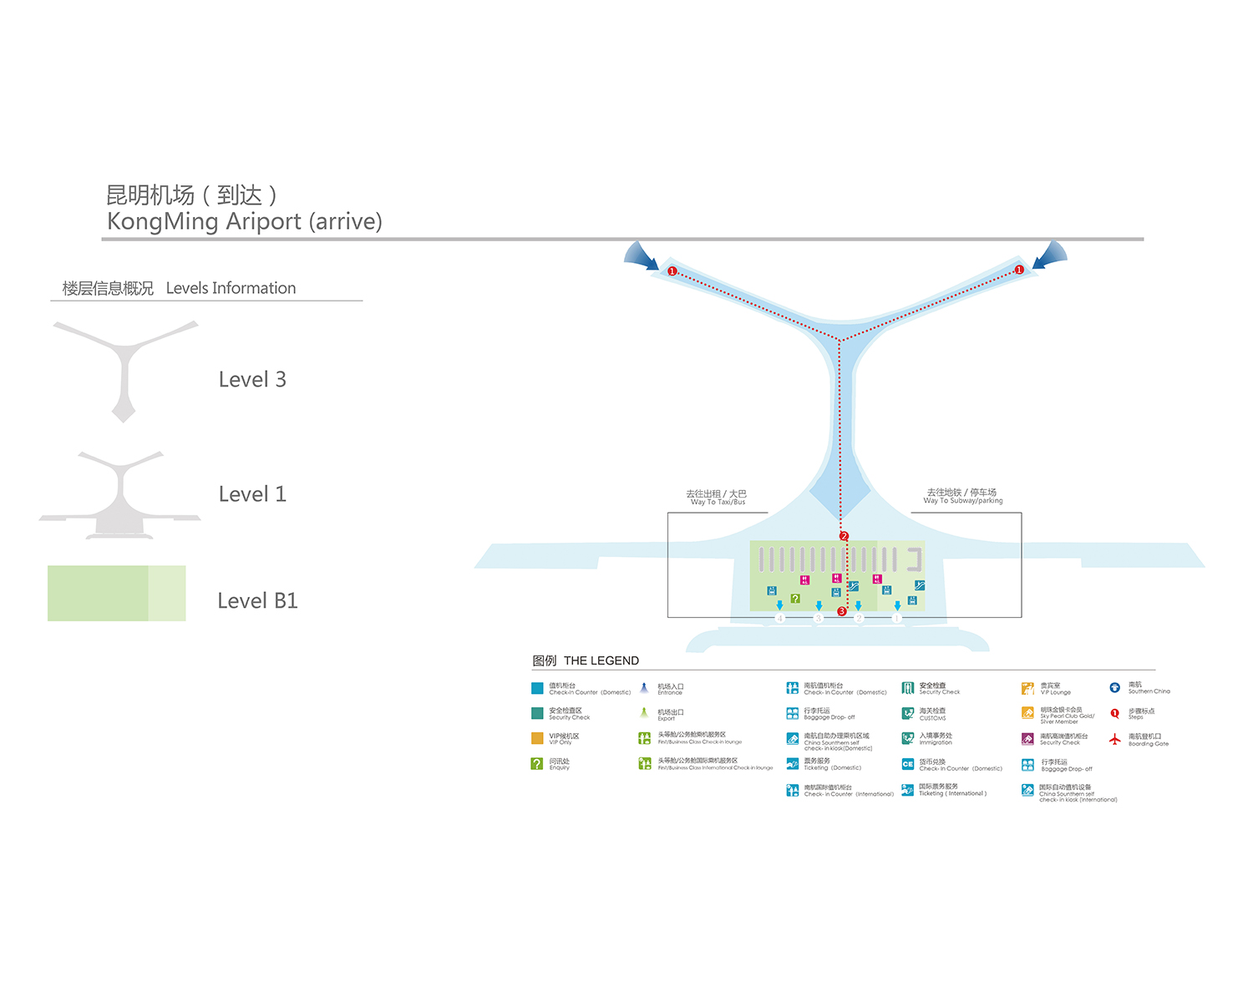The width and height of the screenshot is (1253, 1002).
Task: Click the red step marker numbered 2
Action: point(845,536)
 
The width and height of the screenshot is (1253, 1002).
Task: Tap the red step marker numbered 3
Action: point(842,611)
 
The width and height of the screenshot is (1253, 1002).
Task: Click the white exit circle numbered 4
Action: point(779,619)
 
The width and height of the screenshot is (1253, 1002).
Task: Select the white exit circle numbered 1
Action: point(896,619)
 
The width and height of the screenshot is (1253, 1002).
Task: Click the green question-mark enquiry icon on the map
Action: point(795,599)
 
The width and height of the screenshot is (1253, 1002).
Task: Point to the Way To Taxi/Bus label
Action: point(717,498)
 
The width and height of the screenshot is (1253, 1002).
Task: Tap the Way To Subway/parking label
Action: point(962,496)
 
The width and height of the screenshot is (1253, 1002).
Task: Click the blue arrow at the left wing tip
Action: point(642,256)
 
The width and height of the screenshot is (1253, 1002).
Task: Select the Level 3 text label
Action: point(252,380)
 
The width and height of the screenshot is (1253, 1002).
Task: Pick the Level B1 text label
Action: point(257,601)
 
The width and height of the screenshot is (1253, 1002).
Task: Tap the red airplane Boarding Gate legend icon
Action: point(1114,739)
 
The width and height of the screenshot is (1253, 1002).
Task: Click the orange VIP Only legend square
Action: point(537,738)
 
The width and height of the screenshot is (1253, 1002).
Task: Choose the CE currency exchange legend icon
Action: point(907,764)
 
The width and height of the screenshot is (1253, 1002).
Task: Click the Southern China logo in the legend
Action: point(1114,688)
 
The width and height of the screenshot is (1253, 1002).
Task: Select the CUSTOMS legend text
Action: point(932,718)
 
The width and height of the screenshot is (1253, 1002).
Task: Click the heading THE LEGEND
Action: point(601,660)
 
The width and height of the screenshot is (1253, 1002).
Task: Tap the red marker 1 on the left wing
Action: point(672,271)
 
